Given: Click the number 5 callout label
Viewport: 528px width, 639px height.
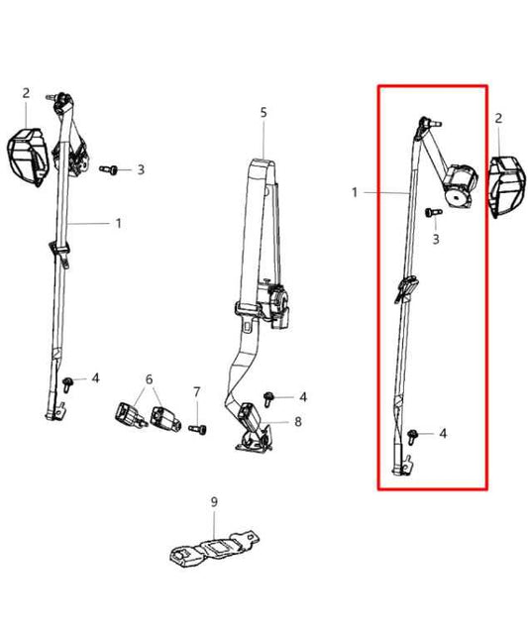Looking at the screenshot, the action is tap(264, 113).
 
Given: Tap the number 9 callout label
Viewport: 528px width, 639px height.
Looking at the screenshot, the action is tap(214, 502).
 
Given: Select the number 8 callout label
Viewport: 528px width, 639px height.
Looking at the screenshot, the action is tap(298, 421).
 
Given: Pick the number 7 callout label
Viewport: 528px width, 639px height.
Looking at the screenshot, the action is tap(197, 392).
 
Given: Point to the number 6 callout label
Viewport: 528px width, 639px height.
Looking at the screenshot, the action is tap(150, 379).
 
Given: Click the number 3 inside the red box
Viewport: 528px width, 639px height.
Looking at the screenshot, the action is tap(436, 239).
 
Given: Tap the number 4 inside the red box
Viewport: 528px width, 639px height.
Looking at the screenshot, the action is tap(443, 433).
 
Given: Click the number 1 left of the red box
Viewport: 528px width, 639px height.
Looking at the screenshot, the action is tap(355, 192).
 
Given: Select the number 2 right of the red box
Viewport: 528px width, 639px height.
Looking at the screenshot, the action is tap(498, 119).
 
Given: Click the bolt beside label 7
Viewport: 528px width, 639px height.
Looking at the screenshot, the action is tap(197, 429).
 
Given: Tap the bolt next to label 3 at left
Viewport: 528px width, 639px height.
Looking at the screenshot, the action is tap(109, 169).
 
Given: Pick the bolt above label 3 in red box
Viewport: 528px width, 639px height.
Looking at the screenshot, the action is tap(434, 212).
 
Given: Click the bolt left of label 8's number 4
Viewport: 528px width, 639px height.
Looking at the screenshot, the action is tap(268, 398).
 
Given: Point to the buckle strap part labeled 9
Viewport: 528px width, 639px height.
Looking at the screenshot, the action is tap(214, 548).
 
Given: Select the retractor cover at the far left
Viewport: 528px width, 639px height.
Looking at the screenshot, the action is tap(28, 157).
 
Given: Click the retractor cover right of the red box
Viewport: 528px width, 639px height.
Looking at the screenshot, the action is tap(506, 186).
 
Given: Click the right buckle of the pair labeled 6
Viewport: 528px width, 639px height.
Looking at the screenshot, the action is tap(164, 418).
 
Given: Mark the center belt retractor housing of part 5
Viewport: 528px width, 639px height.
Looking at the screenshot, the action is tap(274, 306).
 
